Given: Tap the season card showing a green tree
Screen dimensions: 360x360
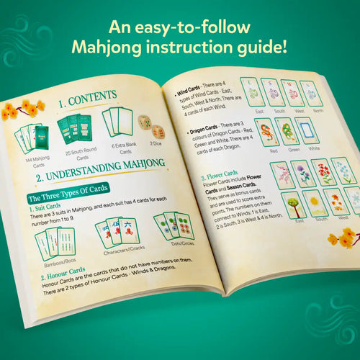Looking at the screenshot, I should pyautogui.click(x=293, y=203).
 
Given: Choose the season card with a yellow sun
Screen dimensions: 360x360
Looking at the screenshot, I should pyautogui.click(x=318, y=204).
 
